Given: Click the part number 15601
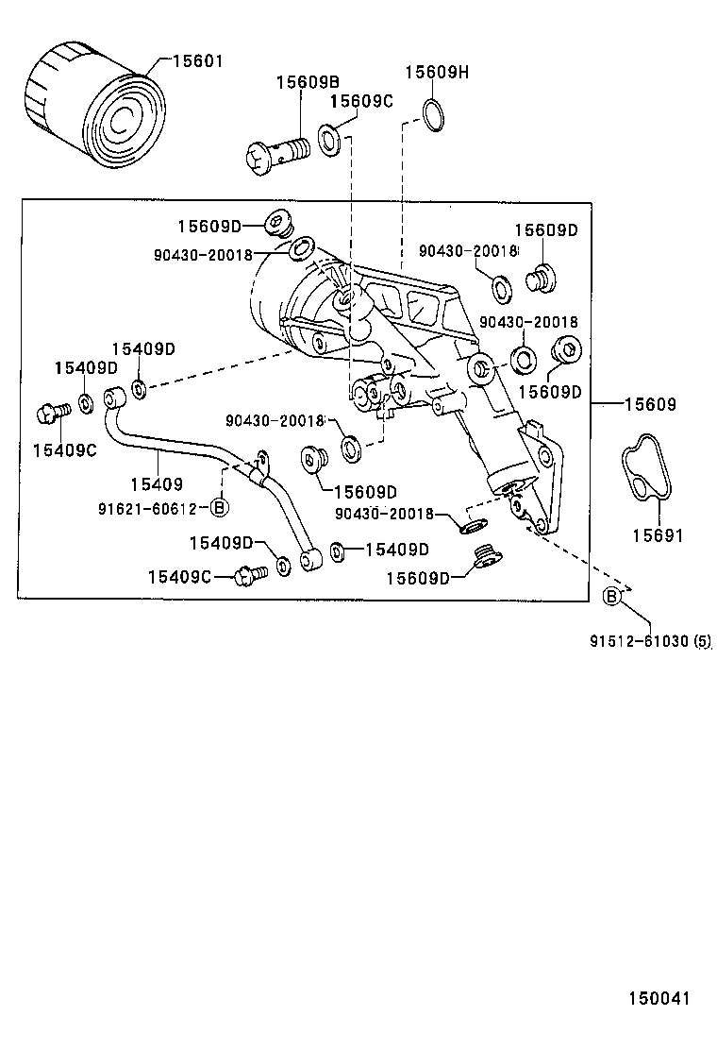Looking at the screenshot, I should coord(197,62).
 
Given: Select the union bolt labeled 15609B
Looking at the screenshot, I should coord(278,154).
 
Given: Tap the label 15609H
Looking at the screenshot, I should coord(437,73).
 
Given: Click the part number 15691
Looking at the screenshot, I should coord(658,535).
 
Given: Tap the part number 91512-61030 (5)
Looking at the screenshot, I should coord(650,642).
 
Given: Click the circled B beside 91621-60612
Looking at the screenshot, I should coord(219,508).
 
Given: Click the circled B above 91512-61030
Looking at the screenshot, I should coord(611,596).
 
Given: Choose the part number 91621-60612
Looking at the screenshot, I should coord(146,509).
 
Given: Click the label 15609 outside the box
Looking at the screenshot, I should coord(650,404).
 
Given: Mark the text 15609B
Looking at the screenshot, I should coord(308,83).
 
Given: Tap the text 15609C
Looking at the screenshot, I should coord(362,101).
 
